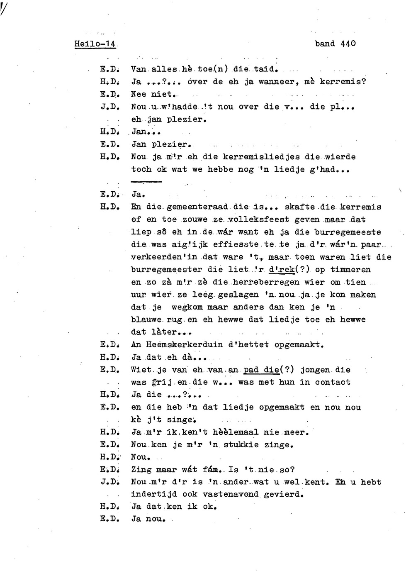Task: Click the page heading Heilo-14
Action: pos(95,44)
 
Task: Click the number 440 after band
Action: pos(348,43)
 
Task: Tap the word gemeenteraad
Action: pos(197,207)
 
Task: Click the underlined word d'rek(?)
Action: pos(289,270)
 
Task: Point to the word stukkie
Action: pos(241,445)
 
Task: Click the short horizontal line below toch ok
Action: pos(146,182)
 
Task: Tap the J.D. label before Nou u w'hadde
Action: pos(110,107)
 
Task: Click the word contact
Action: pos(333,382)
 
